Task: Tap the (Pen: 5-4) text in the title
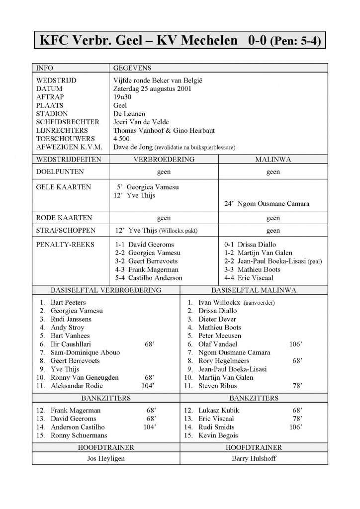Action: coord(296,41)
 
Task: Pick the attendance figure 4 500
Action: coord(122,139)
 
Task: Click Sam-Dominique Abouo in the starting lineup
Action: coord(85,352)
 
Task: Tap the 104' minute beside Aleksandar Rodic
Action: coord(149,386)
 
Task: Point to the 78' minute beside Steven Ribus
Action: coord(297,386)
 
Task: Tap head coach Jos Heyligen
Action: coord(105,459)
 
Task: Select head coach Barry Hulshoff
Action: coord(254,459)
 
